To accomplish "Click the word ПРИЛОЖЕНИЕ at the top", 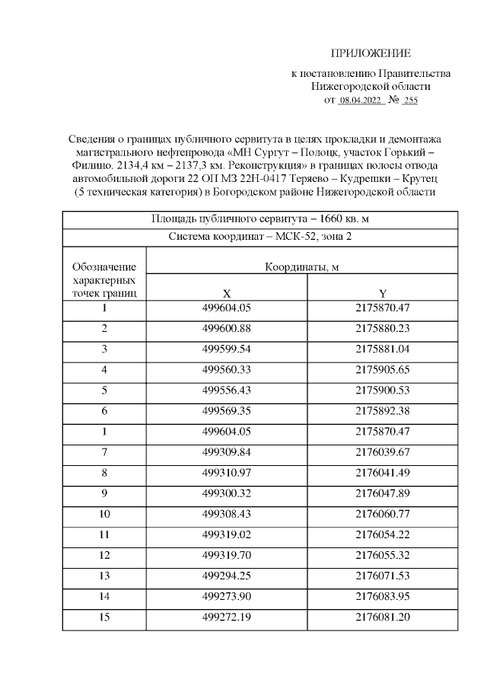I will [371, 53].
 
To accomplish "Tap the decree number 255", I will [410, 100].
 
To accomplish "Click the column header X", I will [226, 293].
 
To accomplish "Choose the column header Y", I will [382, 293].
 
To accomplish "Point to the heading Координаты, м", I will [301, 267].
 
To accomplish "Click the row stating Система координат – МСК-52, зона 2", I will [259, 237].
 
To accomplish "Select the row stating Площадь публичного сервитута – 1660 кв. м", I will [259, 219].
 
